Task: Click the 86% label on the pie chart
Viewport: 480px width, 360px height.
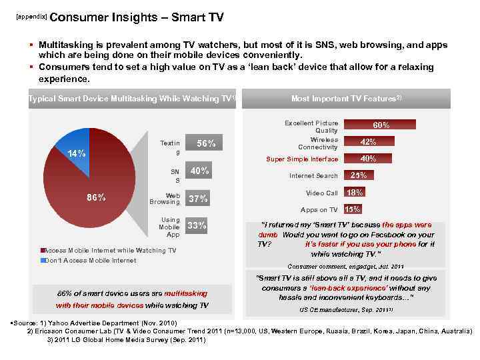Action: [x=97, y=197]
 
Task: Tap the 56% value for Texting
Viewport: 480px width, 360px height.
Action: [x=206, y=143]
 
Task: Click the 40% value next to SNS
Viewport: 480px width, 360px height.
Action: [x=200, y=171]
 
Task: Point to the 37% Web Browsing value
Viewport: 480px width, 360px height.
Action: [x=199, y=199]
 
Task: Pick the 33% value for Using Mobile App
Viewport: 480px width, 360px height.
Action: [x=197, y=225]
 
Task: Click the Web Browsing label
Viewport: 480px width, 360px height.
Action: [x=165, y=199]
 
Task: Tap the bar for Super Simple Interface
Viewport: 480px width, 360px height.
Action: [x=367, y=159]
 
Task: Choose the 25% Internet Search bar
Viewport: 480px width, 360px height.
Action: [x=359, y=175]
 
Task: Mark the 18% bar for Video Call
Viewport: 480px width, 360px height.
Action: [x=355, y=193]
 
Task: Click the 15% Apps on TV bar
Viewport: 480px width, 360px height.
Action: [x=353, y=209]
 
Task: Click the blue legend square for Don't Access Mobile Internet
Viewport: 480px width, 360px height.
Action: [x=43, y=260]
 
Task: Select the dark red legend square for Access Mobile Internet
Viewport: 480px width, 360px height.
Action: [x=43, y=251]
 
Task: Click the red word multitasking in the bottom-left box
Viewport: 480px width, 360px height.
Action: [x=186, y=293]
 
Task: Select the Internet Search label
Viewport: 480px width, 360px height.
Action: [x=313, y=176]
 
